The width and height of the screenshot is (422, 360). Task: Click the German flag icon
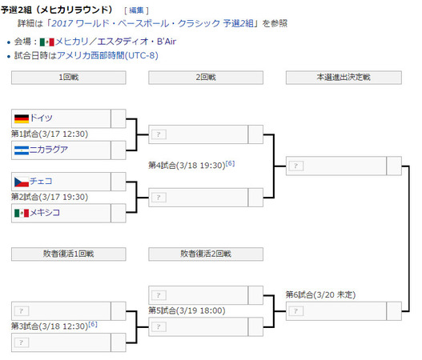pyautogui.click(x=22, y=118)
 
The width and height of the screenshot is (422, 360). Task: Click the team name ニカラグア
pyautogui.click(x=49, y=150)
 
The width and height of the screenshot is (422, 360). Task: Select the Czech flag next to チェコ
pyautogui.click(x=22, y=182)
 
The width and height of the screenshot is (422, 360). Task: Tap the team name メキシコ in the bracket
pyautogui.click(x=45, y=213)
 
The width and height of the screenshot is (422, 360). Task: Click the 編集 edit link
pyautogui.click(x=136, y=10)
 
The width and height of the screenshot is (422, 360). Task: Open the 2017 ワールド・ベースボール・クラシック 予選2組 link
pyautogui.click(x=152, y=23)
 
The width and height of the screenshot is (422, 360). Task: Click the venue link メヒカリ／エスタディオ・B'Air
pyautogui.click(x=115, y=42)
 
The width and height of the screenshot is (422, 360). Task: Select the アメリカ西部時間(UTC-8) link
pyautogui.click(x=107, y=56)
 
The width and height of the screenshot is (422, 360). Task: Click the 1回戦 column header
pyautogui.click(x=69, y=78)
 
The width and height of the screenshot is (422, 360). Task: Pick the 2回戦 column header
pyautogui.click(x=206, y=78)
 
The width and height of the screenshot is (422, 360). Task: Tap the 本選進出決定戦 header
pyautogui.click(x=344, y=78)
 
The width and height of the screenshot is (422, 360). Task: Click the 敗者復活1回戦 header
pyautogui.click(x=69, y=254)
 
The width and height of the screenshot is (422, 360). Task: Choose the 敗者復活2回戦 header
pyautogui.click(x=206, y=254)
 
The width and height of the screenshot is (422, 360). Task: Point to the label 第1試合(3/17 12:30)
pyautogui.click(x=50, y=134)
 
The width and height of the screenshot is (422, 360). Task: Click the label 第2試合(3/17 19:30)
pyautogui.click(x=50, y=197)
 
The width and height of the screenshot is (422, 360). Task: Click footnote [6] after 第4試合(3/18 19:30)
pyautogui.click(x=230, y=163)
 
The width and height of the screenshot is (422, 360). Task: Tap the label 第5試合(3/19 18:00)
pyautogui.click(x=187, y=310)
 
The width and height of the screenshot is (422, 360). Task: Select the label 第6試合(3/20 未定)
pyautogui.click(x=320, y=295)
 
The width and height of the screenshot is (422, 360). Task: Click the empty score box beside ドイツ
pyautogui.click(x=119, y=118)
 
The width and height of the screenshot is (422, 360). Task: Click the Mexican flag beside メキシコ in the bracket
pyautogui.click(x=22, y=214)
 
